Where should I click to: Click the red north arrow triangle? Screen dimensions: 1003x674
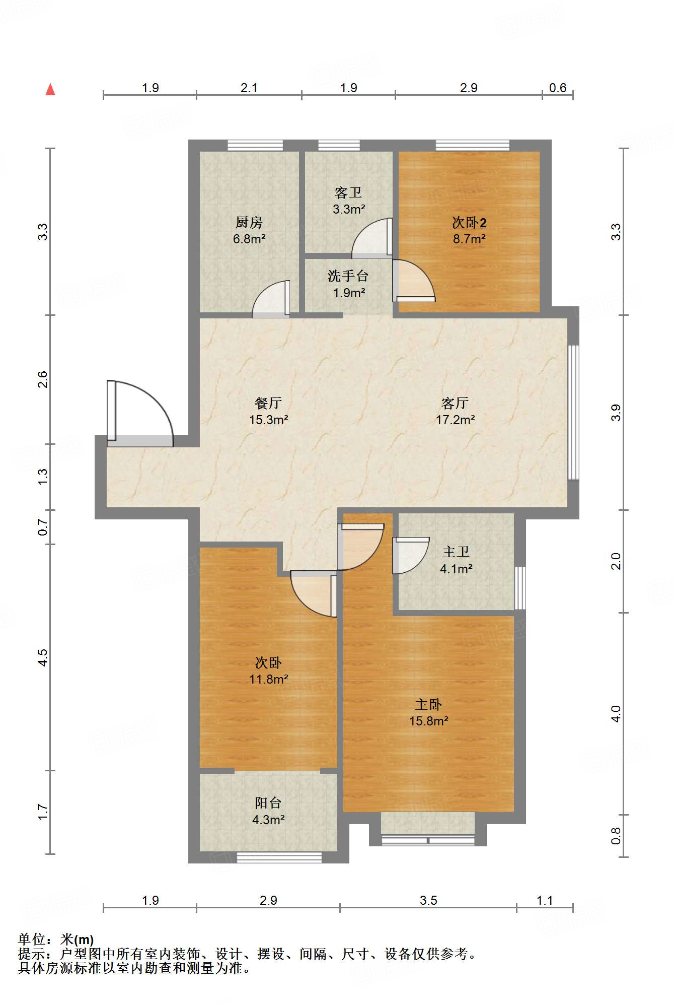[x=50, y=90]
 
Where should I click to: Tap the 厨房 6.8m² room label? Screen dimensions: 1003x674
[x=249, y=230]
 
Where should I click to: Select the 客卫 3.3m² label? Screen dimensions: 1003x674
[x=348, y=200]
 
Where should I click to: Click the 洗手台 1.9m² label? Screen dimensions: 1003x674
[x=348, y=284]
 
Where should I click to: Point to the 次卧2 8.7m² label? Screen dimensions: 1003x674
[x=469, y=230]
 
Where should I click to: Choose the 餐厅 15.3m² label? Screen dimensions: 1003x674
[x=268, y=411]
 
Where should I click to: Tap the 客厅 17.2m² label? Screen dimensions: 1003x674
[x=455, y=411]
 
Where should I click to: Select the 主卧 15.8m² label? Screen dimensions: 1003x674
[x=428, y=712]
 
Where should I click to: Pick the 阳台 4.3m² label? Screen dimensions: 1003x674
[x=268, y=811]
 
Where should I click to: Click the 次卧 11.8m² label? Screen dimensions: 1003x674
[x=268, y=671]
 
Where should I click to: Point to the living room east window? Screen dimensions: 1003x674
[x=573, y=412]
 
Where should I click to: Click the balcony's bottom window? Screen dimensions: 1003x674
[x=279, y=857]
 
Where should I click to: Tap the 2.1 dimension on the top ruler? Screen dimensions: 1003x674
[x=249, y=88]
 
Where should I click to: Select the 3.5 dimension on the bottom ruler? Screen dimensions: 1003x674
[x=428, y=900]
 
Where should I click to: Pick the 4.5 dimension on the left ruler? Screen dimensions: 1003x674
[x=43, y=657]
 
